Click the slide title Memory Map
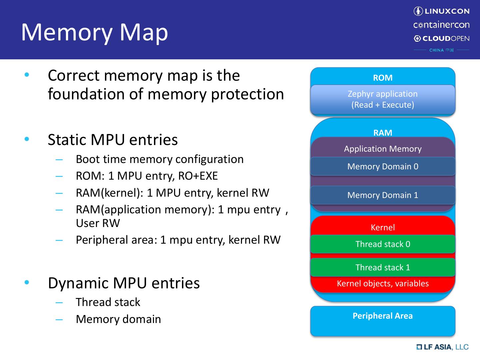click(x=94, y=32)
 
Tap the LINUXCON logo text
click(x=441, y=11)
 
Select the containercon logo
click(x=441, y=25)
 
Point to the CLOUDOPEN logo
click(x=441, y=39)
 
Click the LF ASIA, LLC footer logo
click(x=442, y=347)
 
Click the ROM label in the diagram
click(x=383, y=78)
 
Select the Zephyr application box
click(x=383, y=99)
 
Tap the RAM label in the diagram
click(x=383, y=133)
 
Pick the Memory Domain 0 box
click(x=383, y=166)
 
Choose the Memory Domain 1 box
click(x=383, y=195)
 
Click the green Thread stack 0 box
click(x=383, y=244)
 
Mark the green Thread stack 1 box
click(x=383, y=267)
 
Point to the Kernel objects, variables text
click(x=383, y=284)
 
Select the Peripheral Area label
click(x=383, y=316)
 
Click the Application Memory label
click(x=383, y=149)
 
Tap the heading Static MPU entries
click(x=113, y=140)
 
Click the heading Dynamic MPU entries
click(x=124, y=283)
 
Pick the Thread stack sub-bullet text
click(x=108, y=302)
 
